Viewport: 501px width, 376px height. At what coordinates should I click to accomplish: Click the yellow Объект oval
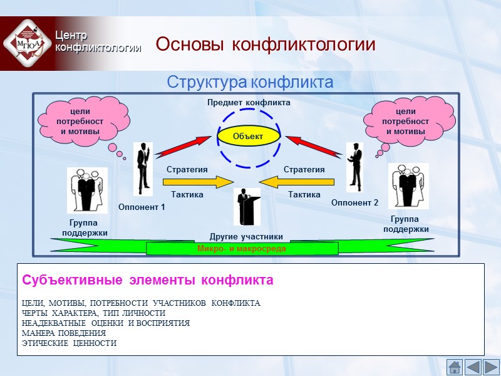point(249,136)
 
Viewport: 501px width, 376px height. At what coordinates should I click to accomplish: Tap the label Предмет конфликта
point(249,102)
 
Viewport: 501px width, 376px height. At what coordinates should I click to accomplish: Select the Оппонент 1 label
point(141,207)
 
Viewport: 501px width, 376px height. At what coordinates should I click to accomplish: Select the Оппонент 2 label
point(354,202)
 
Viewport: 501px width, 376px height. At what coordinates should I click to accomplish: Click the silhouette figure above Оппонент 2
point(355,166)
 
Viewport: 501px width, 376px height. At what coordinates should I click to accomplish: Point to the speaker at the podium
point(246,206)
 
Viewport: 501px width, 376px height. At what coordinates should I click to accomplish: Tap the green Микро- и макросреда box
point(242,249)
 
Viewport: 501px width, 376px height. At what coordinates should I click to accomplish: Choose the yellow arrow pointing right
point(198,182)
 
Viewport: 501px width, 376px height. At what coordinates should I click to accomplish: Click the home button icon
point(455,367)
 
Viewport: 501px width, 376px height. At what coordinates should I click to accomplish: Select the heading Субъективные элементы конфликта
point(148,280)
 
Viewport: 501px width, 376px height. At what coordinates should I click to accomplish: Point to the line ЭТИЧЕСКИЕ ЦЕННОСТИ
point(69,343)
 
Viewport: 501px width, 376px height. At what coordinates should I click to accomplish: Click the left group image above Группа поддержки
point(87,191)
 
